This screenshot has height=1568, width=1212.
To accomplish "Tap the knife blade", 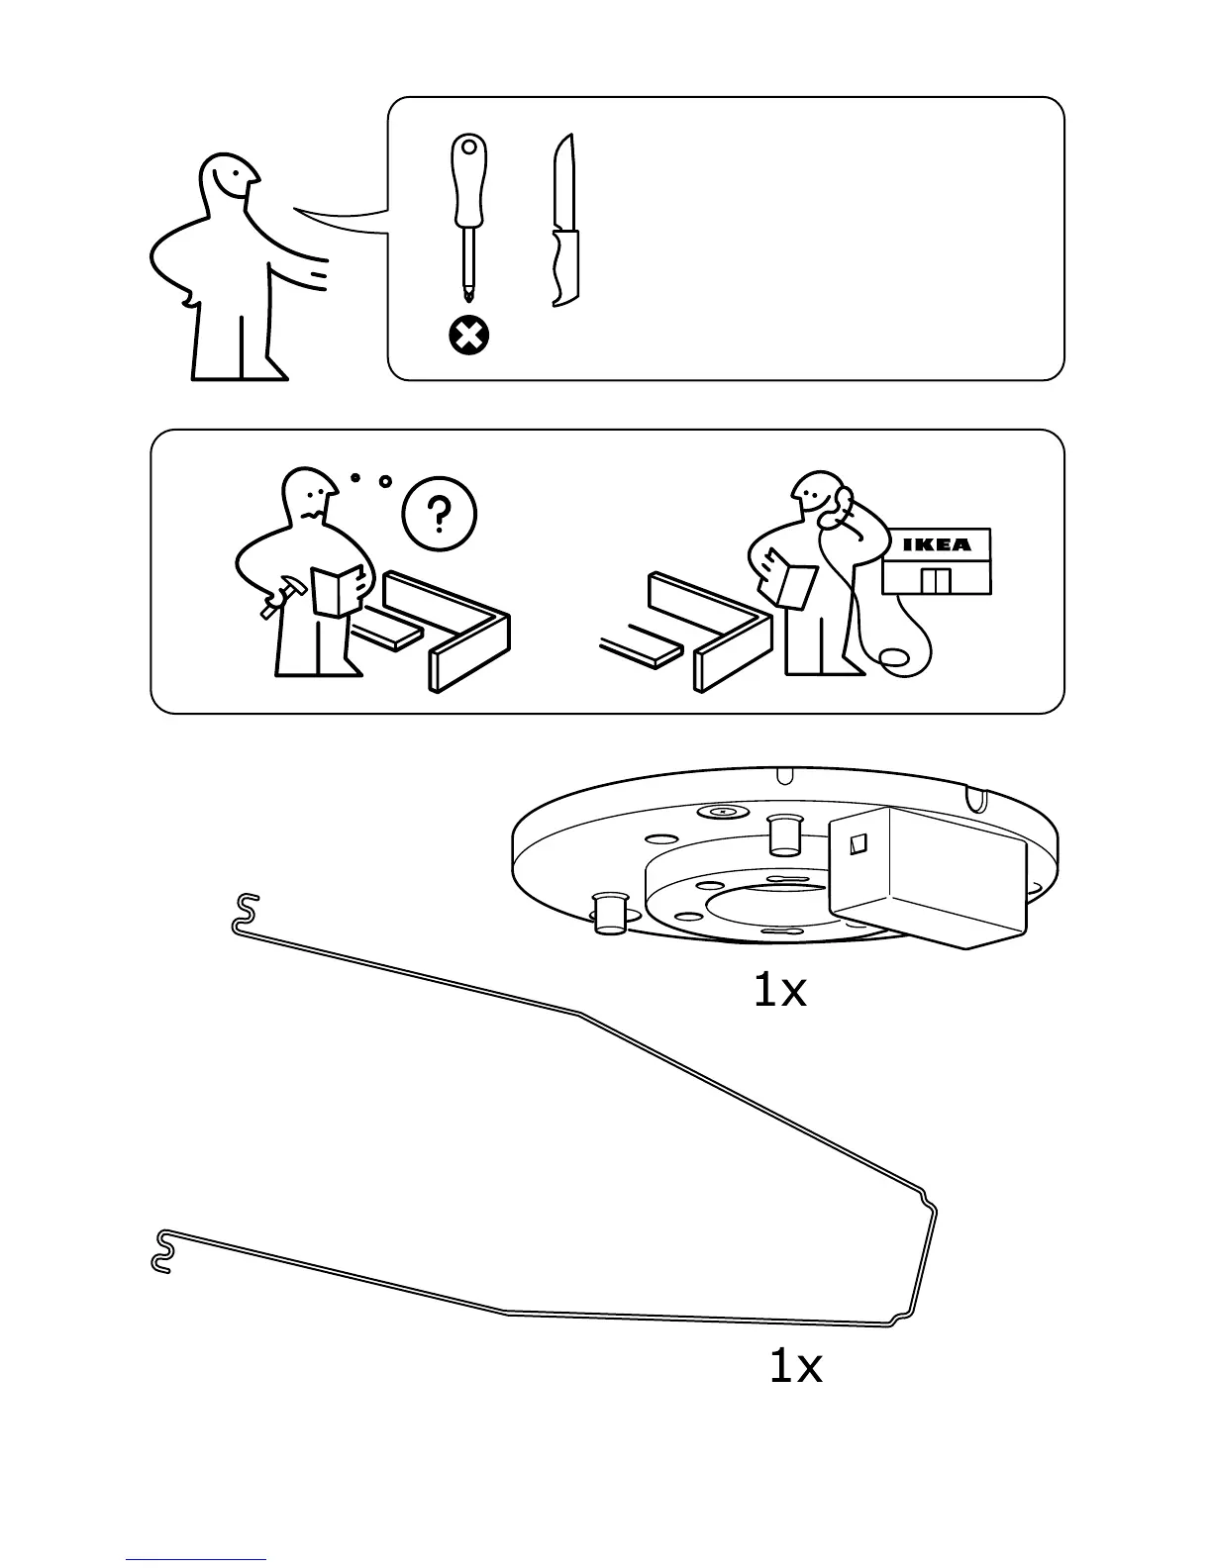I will (x=565, y=183).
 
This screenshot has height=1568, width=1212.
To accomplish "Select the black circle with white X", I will (x=469, y=338).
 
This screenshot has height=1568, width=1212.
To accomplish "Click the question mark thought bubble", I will (x=440, y=514).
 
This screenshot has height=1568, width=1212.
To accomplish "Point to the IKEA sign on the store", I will (x=936, y=544).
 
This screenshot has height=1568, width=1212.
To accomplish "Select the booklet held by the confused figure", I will (x=337, y=590).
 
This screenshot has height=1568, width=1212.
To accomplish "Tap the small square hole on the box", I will (x=859, y=842).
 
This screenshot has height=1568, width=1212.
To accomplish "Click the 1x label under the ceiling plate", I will (x=780, y=991).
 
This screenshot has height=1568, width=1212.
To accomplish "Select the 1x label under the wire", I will (x=796, y=1367).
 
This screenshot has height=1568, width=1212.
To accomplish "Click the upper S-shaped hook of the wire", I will (x=245, y=912).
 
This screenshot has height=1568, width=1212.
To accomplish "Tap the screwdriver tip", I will (x=467, y=289).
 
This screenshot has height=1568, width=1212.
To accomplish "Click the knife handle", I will (x=565, y=265).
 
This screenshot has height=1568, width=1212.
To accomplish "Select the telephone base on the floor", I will (x=895, y=658).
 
